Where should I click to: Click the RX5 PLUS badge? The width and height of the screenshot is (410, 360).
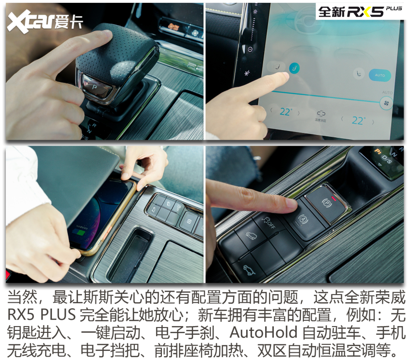pyautogui.click(x=360, y=12)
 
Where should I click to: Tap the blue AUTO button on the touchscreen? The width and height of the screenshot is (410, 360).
pyautogui.click(x=379, y=75)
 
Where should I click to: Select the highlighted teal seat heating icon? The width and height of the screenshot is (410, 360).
pyautogui.click(x=294, y=68)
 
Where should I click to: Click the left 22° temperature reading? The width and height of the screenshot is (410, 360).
pyautogui.click(x=285, y=112)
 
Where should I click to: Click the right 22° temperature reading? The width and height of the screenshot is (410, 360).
pyautogui.click(x=358, y=120)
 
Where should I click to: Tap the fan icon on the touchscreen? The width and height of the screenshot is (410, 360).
pyautogui.click(x=386, y=103)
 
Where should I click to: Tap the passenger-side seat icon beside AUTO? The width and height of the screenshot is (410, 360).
pyautogui.click(x=358, y=72)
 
